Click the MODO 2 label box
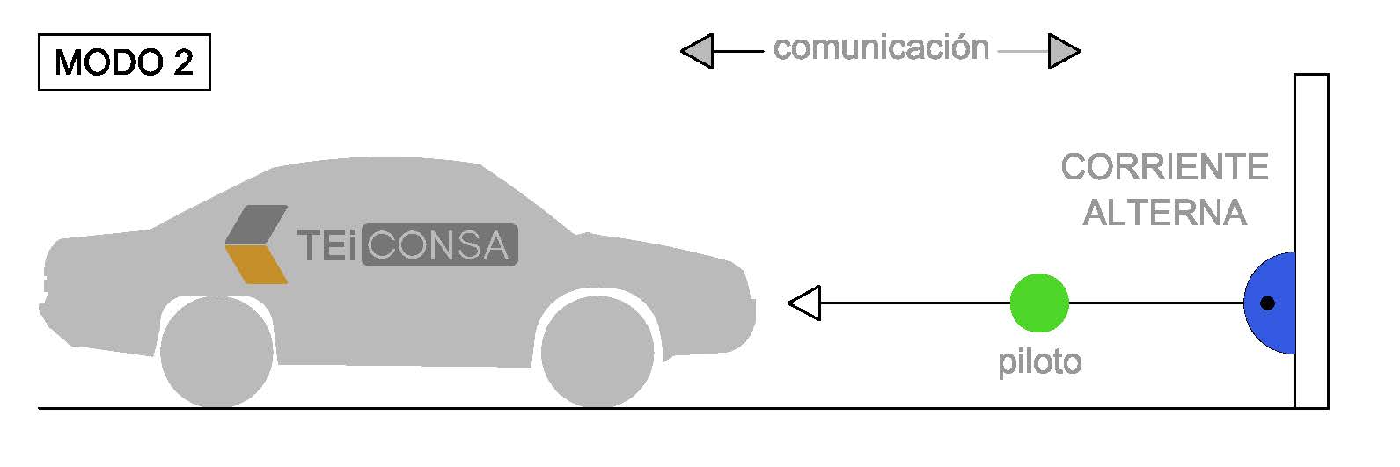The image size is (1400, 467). click(124, 62)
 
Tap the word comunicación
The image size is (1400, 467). click(881, 47)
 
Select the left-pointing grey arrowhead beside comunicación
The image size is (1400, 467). click(697, 51)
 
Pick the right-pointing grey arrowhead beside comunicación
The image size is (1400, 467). click(1065, 51)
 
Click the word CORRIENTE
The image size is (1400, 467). click(1165, 167)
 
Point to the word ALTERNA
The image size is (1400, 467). click(1165, 213)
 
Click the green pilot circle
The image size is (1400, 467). click(1039, 303)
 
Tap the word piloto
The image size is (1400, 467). click(1039, 362)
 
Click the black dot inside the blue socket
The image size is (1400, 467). click(1267, 303)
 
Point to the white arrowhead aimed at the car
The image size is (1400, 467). click(804, 303)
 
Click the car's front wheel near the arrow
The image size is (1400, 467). click(597, 352)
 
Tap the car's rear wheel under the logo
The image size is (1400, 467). click(216, 352)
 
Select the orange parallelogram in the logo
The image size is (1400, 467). click(256, 264)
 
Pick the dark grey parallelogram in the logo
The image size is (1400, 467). click(256, 224)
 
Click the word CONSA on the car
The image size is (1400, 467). click(440, 244)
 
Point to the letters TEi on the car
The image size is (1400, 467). click(328, 245)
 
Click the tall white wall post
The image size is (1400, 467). click(1311, 241)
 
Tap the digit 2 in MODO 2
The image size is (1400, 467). click(183, 62)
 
